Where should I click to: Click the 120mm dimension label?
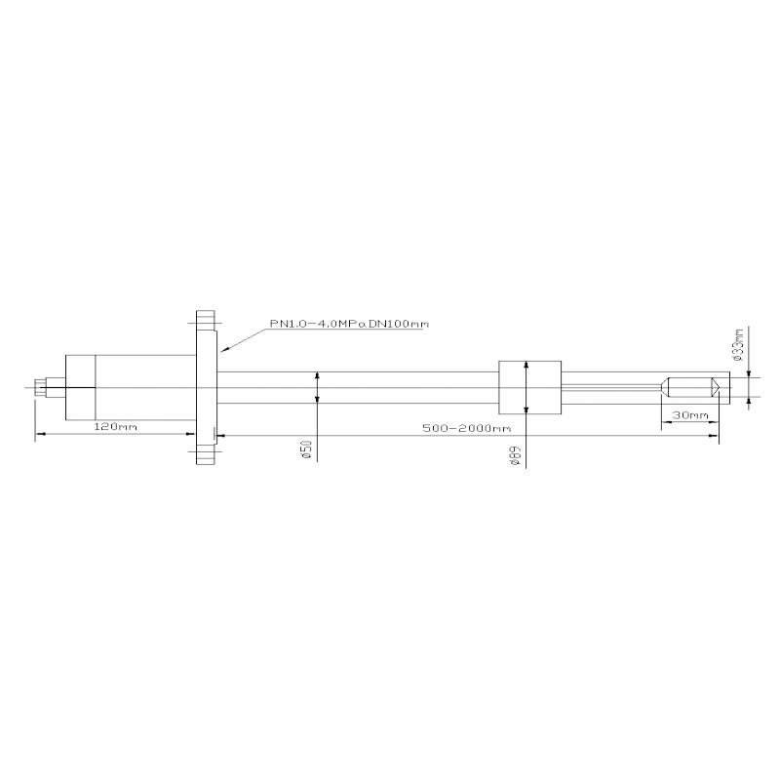pyautogui.click(x=115, y=428)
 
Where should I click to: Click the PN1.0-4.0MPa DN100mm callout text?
pyautogui.click(x=349, y=324)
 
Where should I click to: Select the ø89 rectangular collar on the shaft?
pyautogui.click(x=529, y=387)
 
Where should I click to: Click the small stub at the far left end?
pyautogui.click(x=40, y=387)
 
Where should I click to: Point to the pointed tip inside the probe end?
pyautogui.click(x=717, y=387)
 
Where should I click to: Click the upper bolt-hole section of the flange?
pyautogui.click(x=204, y=321)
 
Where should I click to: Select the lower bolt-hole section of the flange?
pyautogui.click(x=204, y=454)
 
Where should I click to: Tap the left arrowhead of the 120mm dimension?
pyautogui.click(x=38, y=434)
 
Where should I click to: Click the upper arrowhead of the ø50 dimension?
pyautogui.click(x=318, y=375)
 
